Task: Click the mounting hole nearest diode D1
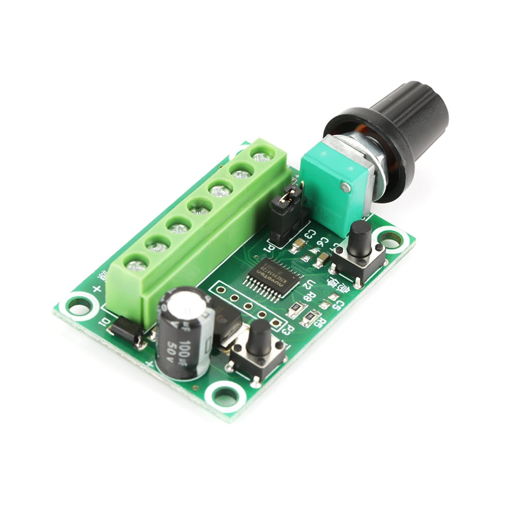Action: (x=79, y=305)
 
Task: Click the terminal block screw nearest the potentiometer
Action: (x=261, y=156)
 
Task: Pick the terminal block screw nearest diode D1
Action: (x=137, y=265)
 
